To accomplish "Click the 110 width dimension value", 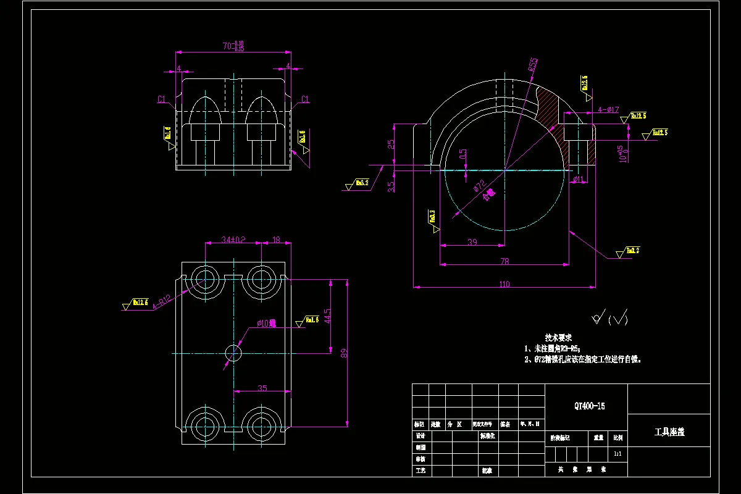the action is tap(504, 284).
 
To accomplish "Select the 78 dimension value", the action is tap(504, 261).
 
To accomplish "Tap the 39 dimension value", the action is tap(472, 242).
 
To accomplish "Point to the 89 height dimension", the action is tap(345, 353).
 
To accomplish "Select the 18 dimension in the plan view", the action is tap(276, 240).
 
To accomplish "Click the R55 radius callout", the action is tap(532, 65).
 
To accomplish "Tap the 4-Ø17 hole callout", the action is tap(608, 110).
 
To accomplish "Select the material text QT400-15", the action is tap(589, 406).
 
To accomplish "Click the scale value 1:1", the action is tap(617, 454).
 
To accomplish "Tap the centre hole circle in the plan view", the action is tap(233, 353).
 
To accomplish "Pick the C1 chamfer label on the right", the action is tap(304, 99).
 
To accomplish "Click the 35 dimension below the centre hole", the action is tap(262, 388).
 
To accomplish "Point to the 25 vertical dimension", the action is tap(391, 144).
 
